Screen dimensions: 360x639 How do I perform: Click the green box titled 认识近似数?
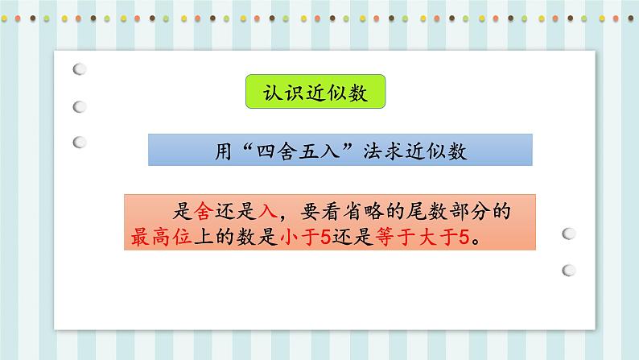click(x=314, y=93)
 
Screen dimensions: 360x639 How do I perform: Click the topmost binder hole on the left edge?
click(x=80, y=71)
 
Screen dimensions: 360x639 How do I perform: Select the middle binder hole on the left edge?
click(x=80, y=106)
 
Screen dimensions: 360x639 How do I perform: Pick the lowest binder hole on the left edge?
click(x=80, y=142)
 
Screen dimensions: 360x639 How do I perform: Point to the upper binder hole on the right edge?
click(x=570, y=234)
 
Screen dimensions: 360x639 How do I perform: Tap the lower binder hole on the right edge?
click(x=570, y=270)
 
